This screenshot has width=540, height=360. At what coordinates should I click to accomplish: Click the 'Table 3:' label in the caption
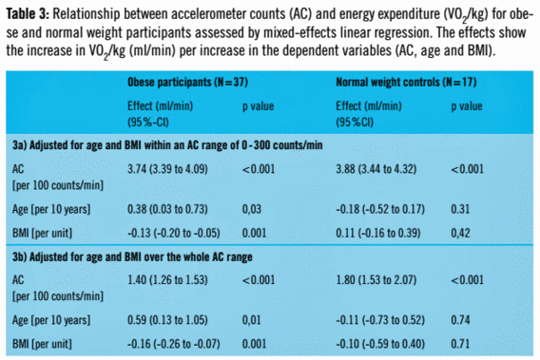[28, 14]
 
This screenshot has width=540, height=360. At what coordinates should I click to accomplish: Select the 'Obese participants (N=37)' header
[187, 83]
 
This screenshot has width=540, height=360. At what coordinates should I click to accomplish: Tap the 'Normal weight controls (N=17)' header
[406, 83]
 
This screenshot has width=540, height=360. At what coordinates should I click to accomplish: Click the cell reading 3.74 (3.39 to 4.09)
[167, 169]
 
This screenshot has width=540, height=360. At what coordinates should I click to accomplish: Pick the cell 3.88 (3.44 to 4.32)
[376, 169]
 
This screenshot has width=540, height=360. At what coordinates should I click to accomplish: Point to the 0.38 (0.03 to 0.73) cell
[167, 209]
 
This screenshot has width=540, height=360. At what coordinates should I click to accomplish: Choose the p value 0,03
[252, 209]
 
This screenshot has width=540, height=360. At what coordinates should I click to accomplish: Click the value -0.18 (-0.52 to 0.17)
[380, 209]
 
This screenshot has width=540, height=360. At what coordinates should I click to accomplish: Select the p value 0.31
[460, 209]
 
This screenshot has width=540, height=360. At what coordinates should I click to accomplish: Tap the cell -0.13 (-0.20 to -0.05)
[174, 234]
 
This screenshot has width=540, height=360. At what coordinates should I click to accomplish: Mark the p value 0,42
[460, 234]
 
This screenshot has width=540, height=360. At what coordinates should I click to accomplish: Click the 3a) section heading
[167, 145]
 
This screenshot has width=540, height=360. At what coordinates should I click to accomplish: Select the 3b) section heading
[132, 257]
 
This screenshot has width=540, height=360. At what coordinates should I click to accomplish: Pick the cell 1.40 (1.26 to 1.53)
[167, 280]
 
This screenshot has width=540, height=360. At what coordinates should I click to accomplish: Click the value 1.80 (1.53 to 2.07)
[376, 280]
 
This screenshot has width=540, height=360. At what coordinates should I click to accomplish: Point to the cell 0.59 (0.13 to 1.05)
[167, 320]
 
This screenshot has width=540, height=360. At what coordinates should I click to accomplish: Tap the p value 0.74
[460, 320]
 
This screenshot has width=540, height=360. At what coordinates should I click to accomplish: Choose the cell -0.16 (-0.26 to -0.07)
[174, 344]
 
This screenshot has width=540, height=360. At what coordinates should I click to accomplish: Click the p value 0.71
[460, 344]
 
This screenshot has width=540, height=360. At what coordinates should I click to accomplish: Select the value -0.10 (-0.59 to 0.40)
[380, 344]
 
